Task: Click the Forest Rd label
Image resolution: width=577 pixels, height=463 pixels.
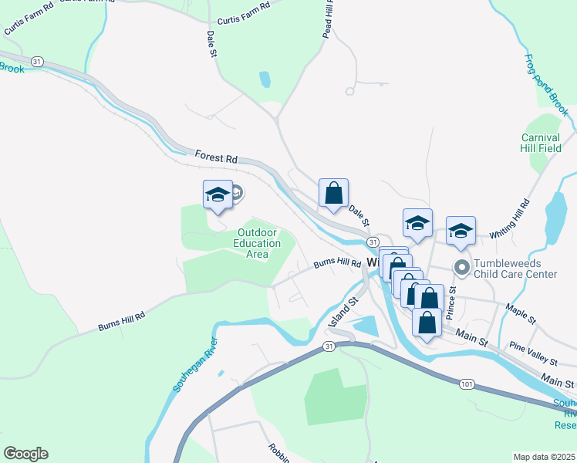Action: tap(215, 157)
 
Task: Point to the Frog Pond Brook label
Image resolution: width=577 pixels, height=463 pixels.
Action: tap(546, 85)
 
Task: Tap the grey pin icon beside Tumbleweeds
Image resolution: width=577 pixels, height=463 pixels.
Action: tap(462, 269)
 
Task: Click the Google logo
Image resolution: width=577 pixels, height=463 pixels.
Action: tap(25, 454)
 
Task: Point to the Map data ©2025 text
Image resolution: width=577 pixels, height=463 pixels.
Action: tap(544, 457)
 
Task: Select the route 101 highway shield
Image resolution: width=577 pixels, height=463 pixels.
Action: tap(467, 384)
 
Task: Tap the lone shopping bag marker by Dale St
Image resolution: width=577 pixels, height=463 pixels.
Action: tap(333, 194)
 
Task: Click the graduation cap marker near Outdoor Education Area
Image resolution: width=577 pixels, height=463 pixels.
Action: tap(218, 194)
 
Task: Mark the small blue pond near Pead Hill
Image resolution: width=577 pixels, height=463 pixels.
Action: tap(265, 79)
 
